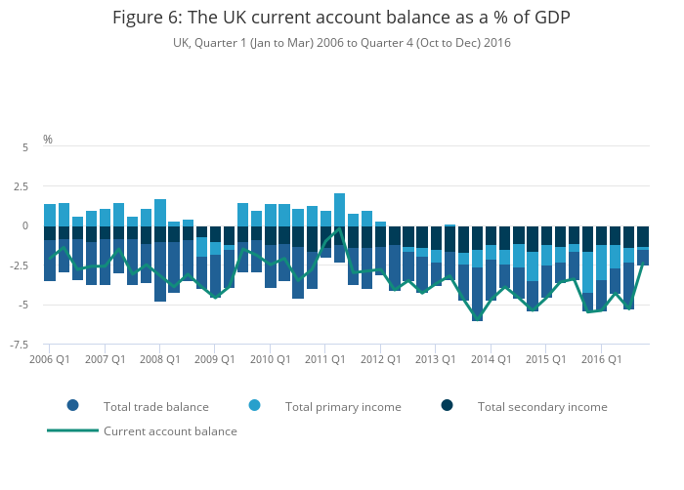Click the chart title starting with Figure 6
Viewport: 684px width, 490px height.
tap(341, 18)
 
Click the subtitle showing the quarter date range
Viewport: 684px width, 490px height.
tap(341, 43)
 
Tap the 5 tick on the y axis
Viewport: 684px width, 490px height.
tap(25, 146)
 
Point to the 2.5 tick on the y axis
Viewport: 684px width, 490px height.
tap(21, 186)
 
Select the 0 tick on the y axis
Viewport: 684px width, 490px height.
tap(25, 225)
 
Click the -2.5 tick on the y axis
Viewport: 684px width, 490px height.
tap(20, 265)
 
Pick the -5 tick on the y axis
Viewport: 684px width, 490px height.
tap(23, 305)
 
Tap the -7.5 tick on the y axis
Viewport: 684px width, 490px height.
tap(20, 345)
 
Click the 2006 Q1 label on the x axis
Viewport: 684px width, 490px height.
tap(50, 359)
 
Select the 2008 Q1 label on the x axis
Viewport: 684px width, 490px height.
tap(159, 359)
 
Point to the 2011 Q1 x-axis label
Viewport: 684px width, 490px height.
tap(325, 359)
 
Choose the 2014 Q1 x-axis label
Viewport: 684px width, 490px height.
tap(491, 359)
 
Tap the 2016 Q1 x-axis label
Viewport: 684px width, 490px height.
tap(601, 359)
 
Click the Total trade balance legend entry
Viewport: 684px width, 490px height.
tap(155, 406)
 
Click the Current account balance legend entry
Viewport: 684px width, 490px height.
tap(170, 430)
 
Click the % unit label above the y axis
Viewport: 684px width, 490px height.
tap(48, 140)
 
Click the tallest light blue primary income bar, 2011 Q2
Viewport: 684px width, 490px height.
tap(339, 209)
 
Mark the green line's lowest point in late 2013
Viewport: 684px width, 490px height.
tap(477, 318)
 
